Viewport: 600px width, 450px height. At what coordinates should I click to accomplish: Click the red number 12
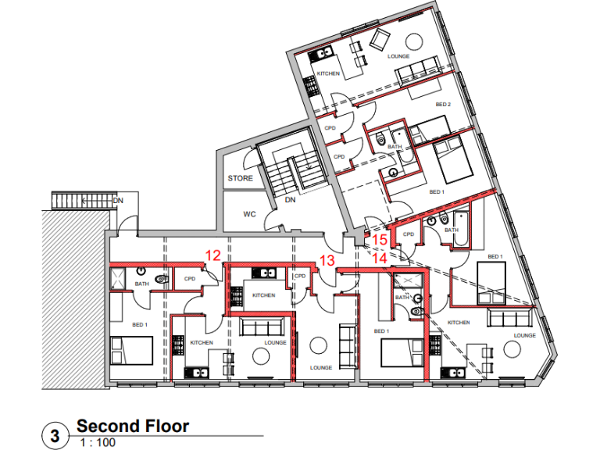pyautogui.click(x=212, y=255)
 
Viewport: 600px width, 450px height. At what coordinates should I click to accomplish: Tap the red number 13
pyautogui.click(x=327, y=260)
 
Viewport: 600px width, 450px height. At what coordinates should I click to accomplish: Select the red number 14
pyautogui.click(x=380, y=255)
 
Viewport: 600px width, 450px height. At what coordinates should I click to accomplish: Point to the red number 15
pyautogui.click(x=380, y=240)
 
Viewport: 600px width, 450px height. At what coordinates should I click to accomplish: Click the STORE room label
pyautogui.click(x=240, y=179)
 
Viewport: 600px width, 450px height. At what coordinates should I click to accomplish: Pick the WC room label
pyautogui.click(x=250, y=213)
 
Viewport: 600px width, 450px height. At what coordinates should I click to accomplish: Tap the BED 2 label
pyautogui.click(x=443, y=104)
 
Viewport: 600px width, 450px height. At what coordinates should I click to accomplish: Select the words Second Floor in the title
pyautogui.click(x=132, y=427)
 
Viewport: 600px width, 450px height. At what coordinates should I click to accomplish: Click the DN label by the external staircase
pyautogui.click(x=118, y=201)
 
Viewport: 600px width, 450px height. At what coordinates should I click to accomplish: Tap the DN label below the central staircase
pyautogui.click(x=290, y=200)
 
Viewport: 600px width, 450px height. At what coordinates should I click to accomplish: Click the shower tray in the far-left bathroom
pyautogui.click(x=121, y=277)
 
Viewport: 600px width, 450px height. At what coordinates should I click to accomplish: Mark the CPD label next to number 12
pyautogui.click(x=190, y=278)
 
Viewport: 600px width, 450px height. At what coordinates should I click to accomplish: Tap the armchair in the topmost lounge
pyautogui.click(x=381, y=38)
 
